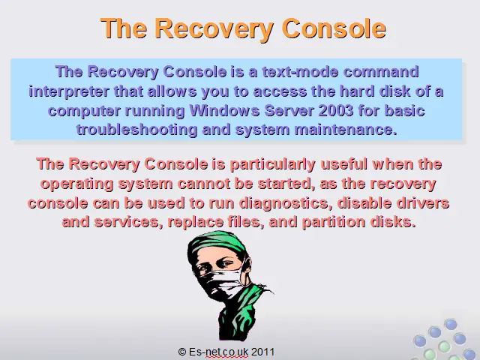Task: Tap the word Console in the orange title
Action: pyautogui.click(x=334, y=28)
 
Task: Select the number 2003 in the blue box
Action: pyautogui.click(x=336, y=110)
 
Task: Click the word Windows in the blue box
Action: pyautogui.click(x=224, y=110)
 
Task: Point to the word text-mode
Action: pyautogui.click(x=300, y=72)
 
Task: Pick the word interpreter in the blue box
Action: pyautogui.click(x=69, y=91)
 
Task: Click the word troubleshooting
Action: pyautogui.click(x=136, y=130)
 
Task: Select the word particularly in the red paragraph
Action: pyautogui.click(x=272, y=164)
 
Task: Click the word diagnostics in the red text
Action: pyautogui.click(x=285, y=203)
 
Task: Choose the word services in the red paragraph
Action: pyautogui.click(x=128, y=222)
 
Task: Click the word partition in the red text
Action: pyautogui.click(x=333, y=222)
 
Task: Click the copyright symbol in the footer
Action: pyautogui.click(x=182, y=352)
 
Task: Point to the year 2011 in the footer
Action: pyautogui.click(x=263, y=352)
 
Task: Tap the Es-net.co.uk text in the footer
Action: pyautogui.click(x=219, y=352)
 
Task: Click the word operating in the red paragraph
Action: pyautogui.click(x=76, y=184)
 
